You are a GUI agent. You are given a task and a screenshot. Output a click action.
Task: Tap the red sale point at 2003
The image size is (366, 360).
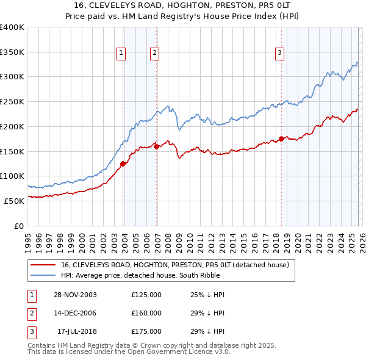click(x=123, y=163)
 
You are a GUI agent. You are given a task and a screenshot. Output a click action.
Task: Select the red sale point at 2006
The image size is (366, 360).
click(x=157, y=146)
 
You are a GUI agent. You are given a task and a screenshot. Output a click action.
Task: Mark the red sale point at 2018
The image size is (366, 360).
click(x=281, y=139)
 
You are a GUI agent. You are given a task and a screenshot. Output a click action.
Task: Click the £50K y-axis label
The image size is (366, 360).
click(x=14, y=201)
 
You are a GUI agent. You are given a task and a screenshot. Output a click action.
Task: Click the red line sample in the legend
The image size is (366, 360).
click(x=43, y=265)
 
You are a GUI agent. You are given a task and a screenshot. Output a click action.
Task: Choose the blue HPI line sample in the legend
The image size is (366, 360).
click(x=43, y=275)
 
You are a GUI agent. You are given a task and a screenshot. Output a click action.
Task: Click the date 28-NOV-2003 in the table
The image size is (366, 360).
click(x=75, y=295)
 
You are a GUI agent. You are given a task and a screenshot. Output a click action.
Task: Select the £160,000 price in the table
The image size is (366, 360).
click(x=146, y=313)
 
